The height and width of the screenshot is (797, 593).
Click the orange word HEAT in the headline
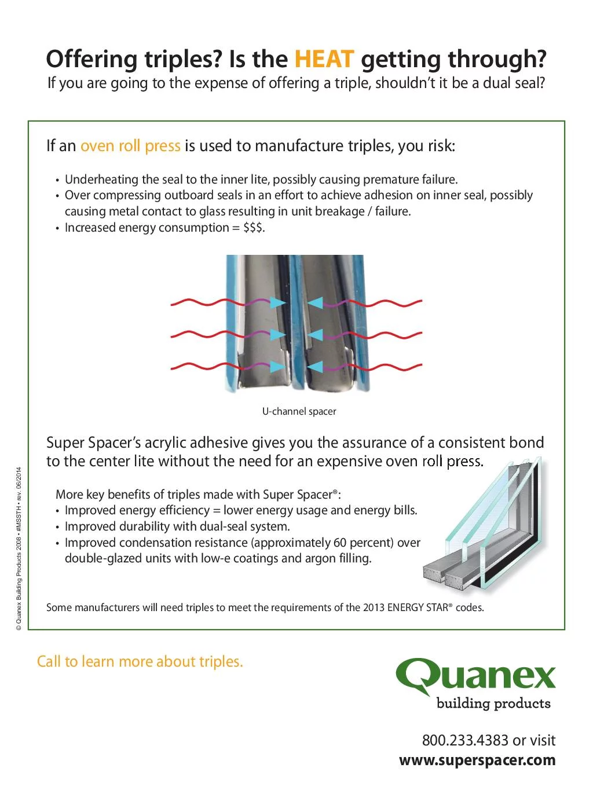click(324, 59)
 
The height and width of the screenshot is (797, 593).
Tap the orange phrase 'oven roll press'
click(130, 146)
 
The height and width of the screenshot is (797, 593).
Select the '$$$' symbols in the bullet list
click(253, 228)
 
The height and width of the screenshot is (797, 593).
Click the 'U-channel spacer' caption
click(299, 411)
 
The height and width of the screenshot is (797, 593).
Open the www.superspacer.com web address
click(477, 761)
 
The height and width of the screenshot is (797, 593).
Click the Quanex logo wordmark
click(476, 677)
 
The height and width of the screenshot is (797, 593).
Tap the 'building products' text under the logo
click(493, 704)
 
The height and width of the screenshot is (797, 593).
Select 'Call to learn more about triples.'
click(140, 661)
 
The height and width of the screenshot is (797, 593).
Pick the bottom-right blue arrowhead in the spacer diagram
click(315, 367)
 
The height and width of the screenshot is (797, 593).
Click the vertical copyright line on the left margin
click(19, 549)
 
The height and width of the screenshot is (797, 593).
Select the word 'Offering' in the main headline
click(91, 59)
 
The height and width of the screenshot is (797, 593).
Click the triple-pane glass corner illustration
click(484, 525)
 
